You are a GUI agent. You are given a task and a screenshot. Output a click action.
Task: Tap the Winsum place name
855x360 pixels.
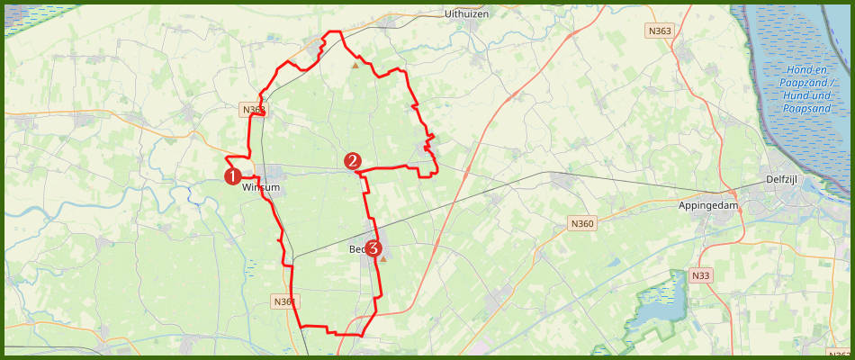pos(262,187)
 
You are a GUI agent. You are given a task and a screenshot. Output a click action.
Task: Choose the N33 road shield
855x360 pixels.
pos(702,274)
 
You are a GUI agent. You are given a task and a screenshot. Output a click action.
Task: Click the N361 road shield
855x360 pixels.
pos(283,301)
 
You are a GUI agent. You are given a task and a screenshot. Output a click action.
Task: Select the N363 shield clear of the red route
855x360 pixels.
pos(660,31)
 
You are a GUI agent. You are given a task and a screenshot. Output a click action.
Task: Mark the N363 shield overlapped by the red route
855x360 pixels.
pos(254,110)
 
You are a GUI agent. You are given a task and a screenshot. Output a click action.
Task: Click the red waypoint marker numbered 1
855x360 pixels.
pos(231,176)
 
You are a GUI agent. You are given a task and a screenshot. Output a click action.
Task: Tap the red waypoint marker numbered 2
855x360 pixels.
pos(353,161)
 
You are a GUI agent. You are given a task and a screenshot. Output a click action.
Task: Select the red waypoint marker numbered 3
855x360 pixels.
pos(373,249)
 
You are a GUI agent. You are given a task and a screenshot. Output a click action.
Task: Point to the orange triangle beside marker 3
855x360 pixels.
pos(383,259)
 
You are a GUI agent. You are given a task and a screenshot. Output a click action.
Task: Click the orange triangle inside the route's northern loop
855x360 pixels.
pos(355,66)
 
